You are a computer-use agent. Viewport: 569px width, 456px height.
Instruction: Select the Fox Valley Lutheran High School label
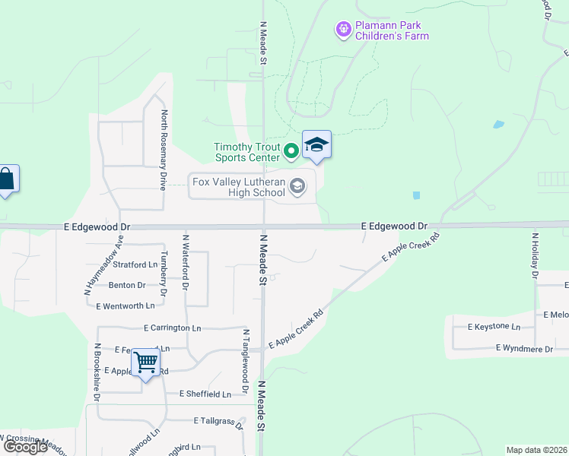point(238,187)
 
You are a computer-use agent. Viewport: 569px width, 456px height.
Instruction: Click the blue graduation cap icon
point(316,144)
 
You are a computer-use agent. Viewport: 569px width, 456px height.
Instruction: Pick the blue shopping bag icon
point(6,180)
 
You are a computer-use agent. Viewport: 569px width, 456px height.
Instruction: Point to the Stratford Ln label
point(135,264)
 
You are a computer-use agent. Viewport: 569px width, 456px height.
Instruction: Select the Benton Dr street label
point(127,285)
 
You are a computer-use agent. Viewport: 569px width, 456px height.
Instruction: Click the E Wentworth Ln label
point(126,306)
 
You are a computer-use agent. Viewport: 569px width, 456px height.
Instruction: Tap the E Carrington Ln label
point(172,328)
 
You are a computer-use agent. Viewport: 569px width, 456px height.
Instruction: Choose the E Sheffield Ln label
point(205,394)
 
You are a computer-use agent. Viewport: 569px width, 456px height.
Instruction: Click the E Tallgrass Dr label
point(218,420)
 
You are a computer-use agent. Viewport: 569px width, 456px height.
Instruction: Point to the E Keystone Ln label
point(488,327)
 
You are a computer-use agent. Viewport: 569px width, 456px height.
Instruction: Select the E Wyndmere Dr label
point(524,348)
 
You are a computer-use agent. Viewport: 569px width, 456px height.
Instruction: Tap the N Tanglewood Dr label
point(246,361)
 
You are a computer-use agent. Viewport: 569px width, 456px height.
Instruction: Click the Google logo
point(26,447)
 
